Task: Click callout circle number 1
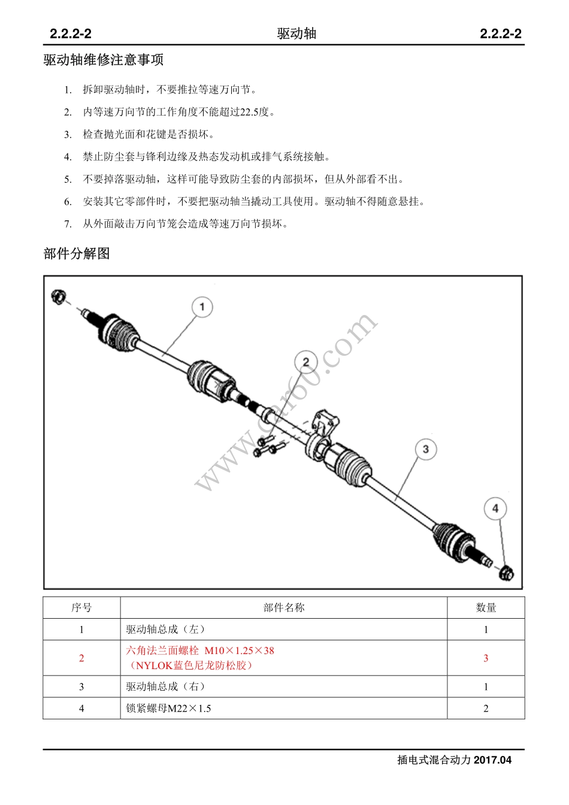(202, 307)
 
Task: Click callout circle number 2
(305, 362)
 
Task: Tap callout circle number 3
(425, 449)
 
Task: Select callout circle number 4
(495, 509)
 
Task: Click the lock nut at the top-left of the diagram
(58, 296)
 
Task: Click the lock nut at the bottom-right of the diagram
(506, 573)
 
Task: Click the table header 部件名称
(284, 608)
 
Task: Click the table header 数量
(486, 608)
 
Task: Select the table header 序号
(81, 608)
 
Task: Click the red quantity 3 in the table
(486, 658)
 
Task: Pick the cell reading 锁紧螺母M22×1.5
(168, 709)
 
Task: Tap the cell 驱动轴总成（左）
(166, 630)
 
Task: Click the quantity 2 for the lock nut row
(486, 709)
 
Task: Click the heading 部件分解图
(77, 253)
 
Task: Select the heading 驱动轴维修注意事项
(104, 60)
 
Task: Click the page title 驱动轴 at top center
(296, 34)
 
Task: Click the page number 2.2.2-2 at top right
(500, 34)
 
